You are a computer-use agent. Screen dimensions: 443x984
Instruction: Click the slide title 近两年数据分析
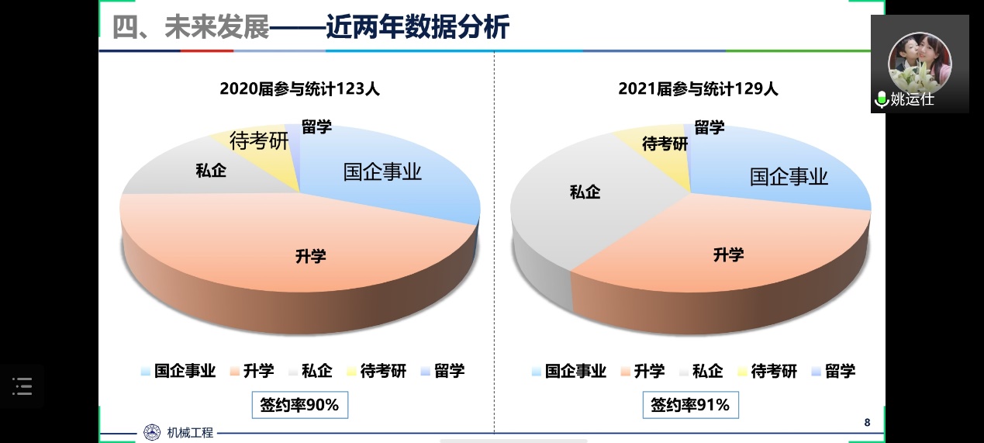click(x=417, y=28)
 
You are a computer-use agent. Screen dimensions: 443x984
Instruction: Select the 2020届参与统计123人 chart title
click(x=299, y=88)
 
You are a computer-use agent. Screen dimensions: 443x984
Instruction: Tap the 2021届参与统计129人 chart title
click(x=698, y=88)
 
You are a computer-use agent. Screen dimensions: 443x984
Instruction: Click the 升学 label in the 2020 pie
click(x=310, y=256)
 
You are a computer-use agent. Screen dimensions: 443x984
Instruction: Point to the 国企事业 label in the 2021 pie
click(x=789, y=177)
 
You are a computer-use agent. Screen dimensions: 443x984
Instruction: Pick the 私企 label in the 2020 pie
click(x=211, y=171)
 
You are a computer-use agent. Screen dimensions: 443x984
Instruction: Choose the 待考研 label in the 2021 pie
click(x=665, y=144)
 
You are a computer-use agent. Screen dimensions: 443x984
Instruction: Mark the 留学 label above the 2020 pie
click(x=316, y=127)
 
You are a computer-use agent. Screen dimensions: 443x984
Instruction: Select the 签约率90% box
click(x=299, y=405)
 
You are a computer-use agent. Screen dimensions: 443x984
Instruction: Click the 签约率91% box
click(x=690, y=405)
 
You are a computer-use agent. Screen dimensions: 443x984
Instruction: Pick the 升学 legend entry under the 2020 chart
click(x=251, y=371)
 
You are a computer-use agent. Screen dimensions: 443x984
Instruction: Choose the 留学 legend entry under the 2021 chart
click(x=833, y=371)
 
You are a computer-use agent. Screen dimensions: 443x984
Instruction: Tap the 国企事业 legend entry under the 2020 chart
click(x=178, y=371)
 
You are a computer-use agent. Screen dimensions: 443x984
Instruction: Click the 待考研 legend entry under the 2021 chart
click(x=766, y=371)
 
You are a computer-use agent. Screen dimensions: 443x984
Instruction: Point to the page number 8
click(x=867, y=422)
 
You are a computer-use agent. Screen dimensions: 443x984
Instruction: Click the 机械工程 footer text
click(x=190, y=433)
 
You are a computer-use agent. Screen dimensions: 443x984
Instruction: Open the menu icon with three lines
click(x=22, y=386)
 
